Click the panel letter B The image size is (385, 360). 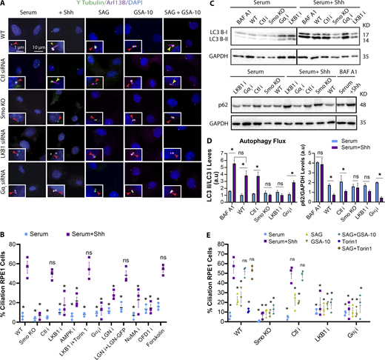4,220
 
